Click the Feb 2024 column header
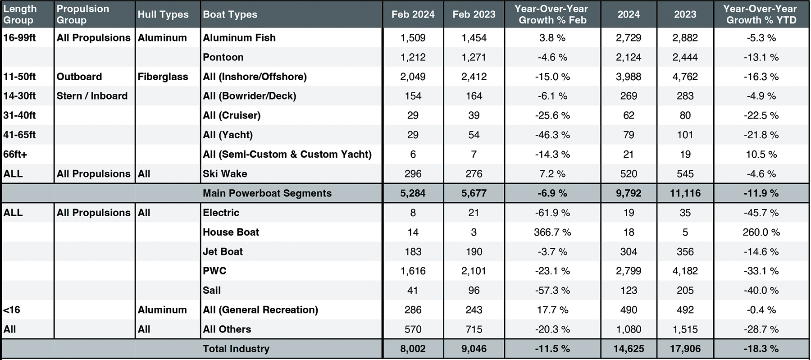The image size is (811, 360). pos(413,14)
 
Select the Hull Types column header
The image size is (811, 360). pos(163,14)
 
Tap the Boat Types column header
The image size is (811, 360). pos(230,14)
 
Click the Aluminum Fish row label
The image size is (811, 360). pos(239,38)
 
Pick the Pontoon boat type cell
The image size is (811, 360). pos(223,57)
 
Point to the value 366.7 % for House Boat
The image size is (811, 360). pos(552,232)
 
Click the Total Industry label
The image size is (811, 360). pos(236,349)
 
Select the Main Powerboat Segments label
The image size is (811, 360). pos(267,193)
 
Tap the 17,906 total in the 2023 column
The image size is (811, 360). pos(685,349)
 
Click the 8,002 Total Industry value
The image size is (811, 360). pos(413,349)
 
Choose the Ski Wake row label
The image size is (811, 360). pos(225,174)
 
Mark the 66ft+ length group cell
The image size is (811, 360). pos(15,154)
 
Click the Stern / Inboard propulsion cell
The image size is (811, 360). pos(92,96)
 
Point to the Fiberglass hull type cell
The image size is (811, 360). pos(163,77)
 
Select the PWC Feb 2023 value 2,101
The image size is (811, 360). pos(474,271)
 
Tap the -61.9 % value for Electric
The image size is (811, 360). pos(552,213)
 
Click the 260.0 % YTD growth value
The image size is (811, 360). pos(761,232)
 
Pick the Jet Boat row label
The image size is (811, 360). pos(223,251)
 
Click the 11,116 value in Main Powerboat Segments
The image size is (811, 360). pos(685,193)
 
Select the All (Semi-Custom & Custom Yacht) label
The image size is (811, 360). pos(287,154)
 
